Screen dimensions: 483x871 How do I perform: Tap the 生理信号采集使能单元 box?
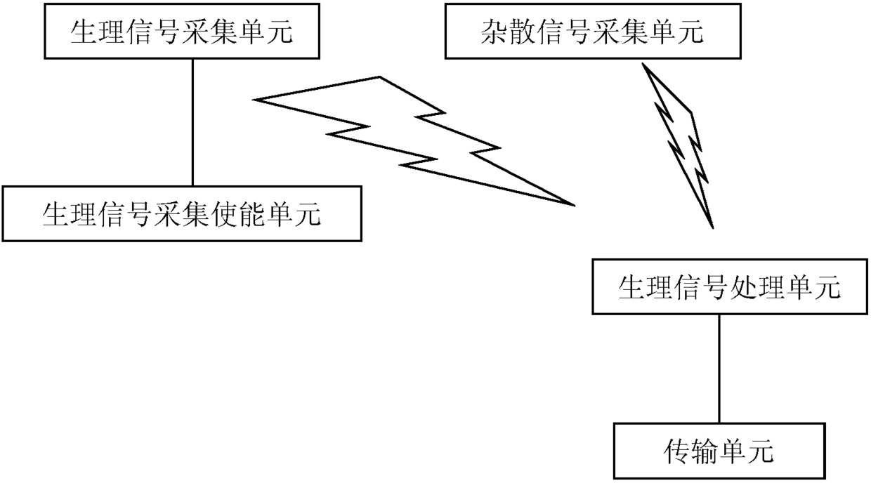182,214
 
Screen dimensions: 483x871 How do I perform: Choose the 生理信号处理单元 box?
728,287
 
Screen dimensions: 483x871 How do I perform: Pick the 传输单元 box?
719,451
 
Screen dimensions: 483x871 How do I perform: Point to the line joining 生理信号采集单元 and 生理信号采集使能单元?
192,122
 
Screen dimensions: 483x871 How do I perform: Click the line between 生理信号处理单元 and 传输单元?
719,368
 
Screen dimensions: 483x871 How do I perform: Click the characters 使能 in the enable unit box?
237,214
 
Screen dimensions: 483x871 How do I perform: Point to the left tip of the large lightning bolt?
256,100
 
